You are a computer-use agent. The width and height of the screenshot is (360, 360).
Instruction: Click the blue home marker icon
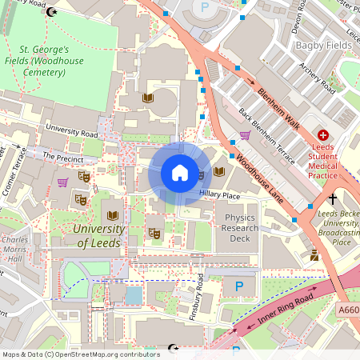[180, 173]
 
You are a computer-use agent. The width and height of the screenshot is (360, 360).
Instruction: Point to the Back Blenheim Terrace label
[268, 130]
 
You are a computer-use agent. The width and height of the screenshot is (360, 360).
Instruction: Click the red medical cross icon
[324, 137]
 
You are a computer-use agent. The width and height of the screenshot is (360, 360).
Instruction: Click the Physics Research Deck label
[241, 228]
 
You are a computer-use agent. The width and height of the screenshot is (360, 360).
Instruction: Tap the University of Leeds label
[98, 236]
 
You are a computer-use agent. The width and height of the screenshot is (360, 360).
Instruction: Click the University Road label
[71, 129]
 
